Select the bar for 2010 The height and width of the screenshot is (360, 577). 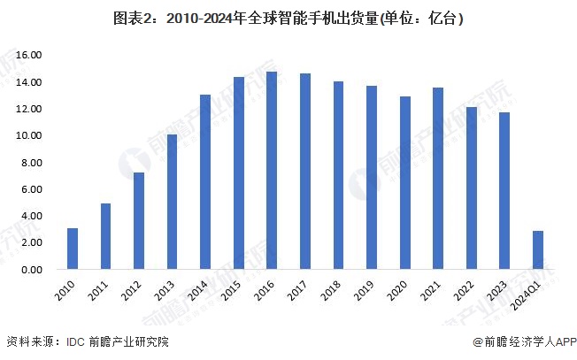(73, 249)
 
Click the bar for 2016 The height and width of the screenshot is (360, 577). (272, 171)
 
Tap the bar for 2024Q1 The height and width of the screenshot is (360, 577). (537, 250)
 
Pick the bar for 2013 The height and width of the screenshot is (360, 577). (172, 202)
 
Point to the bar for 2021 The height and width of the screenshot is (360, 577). (437, 179)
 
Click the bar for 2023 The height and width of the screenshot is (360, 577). (504, 191)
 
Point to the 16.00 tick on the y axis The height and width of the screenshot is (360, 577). (29, 56)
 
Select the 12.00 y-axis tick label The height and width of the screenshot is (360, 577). (29, 110)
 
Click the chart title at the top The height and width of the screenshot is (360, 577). (288, 18)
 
